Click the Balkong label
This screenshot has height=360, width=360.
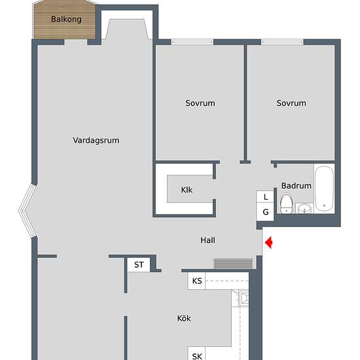(66, 19)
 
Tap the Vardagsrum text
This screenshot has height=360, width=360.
(96, 140)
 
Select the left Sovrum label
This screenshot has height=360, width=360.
(200, 103)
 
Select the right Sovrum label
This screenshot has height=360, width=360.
(291, 103)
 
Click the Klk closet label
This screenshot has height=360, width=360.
(187, 190)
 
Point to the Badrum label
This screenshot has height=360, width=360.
(296, 186)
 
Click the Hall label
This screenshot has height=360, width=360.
(207, 240)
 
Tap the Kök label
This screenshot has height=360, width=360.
(184, 319)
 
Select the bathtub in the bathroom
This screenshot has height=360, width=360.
(324, 190)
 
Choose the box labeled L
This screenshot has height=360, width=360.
(266, 197)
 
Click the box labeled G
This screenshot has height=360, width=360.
(266, 212)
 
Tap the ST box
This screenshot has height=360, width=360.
(138, 264)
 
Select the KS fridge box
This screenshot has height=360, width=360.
(197, 281)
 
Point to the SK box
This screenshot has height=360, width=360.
(197, 356)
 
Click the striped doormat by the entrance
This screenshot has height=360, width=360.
(233, 263)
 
